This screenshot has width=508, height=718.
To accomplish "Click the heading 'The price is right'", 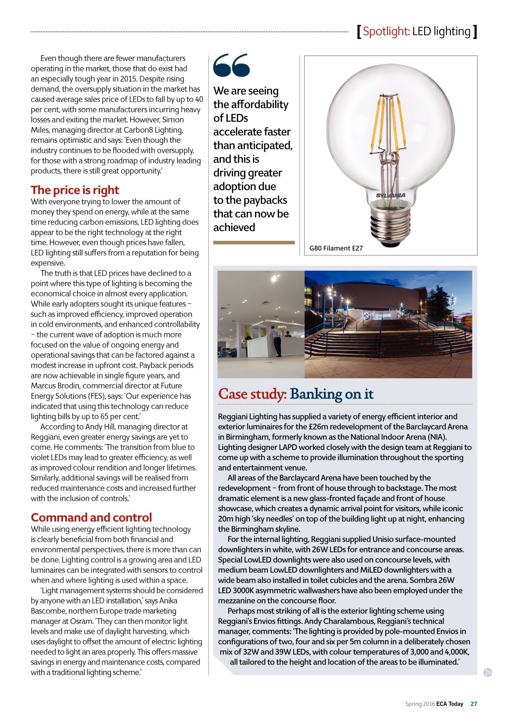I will click(x=75, y=190).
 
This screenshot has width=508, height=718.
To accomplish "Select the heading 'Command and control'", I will click(x=91, y=518).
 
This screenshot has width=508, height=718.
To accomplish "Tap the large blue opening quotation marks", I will click(x=231, y=65).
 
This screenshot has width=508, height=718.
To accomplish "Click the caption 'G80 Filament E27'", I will click(x=336, y=248).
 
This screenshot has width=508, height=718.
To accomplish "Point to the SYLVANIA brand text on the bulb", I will click(x=390, y=195).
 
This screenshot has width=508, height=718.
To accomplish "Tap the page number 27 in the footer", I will click(x=474, y=704).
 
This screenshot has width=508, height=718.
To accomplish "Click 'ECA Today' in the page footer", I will click(x=449, y=704).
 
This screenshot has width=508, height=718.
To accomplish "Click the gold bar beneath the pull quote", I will click(x=254, y=242).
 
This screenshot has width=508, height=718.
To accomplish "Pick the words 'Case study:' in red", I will click(x=252, y=394).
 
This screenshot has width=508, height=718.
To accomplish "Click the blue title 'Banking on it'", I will click(x=331, y=394).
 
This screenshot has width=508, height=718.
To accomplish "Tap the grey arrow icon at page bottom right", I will click(x=488, y=672).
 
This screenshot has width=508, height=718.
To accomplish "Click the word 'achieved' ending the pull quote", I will click(x=234, y=228).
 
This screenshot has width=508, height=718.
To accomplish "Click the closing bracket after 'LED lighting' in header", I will click(x=475, y=32).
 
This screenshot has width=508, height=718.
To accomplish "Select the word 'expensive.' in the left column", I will click(x=48, y=263).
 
